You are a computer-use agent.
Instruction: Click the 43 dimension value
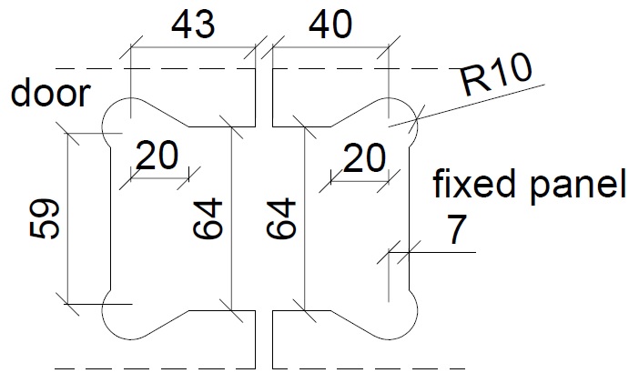pyautogui.click(x=193, y=25)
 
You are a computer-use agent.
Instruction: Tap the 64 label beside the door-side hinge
pyautogui.click(x=207, y=218)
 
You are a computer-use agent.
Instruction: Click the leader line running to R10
pyautogui.click(x=482, y=100)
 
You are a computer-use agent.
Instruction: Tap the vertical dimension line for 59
pyautogui.click(x=69, y=218)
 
